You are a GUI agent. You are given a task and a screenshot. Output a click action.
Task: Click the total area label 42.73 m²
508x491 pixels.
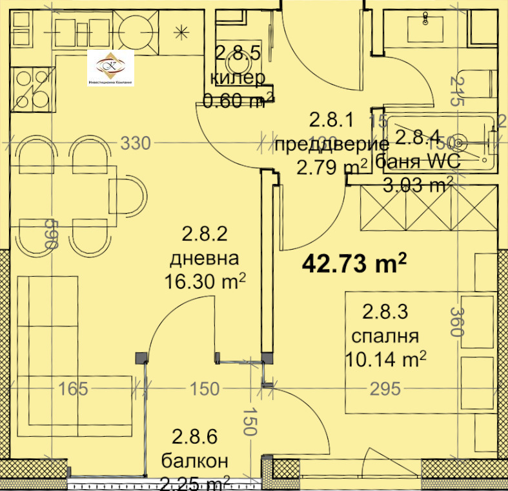click(355, 263)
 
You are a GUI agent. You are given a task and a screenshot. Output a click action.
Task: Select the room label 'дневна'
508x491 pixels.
click(204, 258)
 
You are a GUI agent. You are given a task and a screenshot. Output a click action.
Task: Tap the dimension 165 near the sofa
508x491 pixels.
click(72, 388)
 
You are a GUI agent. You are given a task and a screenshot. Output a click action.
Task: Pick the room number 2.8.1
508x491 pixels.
click(332, 120)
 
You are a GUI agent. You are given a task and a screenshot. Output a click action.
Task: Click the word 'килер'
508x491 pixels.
click(238, 79)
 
